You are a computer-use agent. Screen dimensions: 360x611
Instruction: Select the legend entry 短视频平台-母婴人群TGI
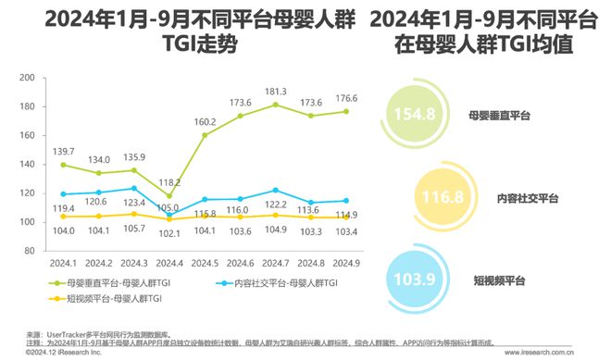pyautogui.click(x=103, y=298)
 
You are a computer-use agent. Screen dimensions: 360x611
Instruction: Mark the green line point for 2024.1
pyautogui.click(x=62, y=165)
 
